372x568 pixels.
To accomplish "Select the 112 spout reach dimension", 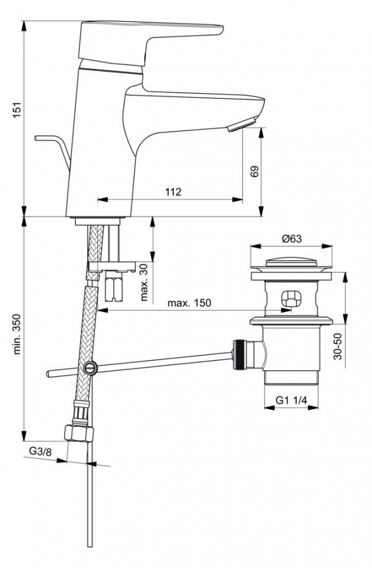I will point(173,192).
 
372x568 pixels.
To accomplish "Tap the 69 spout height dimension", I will point(254,172).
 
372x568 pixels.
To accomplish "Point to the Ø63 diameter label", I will point(291,239).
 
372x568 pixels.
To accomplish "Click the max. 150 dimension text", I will point(189,303).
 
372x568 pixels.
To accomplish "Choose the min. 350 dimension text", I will point(16,335).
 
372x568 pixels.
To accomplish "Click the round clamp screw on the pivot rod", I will point(90,367).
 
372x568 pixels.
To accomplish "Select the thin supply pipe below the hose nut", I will point(90,500).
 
